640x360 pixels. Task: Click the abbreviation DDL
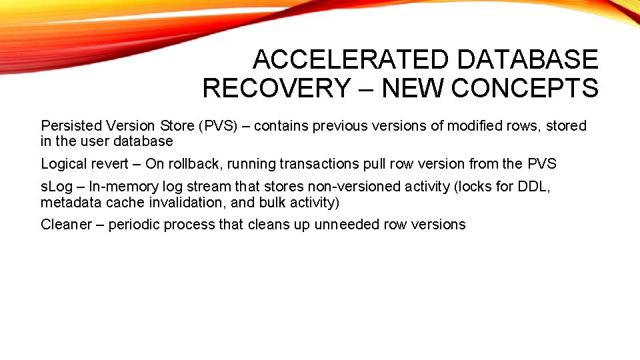[x=535, y=186]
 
